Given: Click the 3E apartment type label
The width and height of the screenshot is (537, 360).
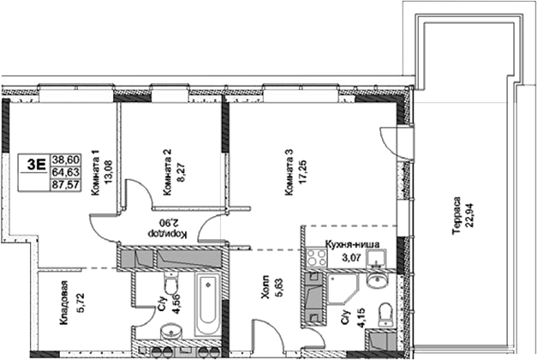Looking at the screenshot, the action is click(36, 165).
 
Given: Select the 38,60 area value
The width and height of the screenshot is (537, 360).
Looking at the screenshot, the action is click(65, 159).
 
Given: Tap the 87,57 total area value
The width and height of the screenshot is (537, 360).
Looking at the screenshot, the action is click(65, 185).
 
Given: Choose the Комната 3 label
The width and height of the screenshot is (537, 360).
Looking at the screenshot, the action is click(289, 172).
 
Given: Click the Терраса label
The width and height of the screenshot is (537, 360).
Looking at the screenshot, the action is click(456, 216).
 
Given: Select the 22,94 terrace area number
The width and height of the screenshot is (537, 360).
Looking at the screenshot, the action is click(469, 216).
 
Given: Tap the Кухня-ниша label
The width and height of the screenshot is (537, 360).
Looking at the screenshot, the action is click(352, 244).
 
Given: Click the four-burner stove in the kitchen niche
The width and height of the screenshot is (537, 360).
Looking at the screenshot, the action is click(317, 257).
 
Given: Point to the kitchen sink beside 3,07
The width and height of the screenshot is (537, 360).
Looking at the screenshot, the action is click(376, 259).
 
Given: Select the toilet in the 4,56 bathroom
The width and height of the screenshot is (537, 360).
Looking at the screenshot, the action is click(170, 283).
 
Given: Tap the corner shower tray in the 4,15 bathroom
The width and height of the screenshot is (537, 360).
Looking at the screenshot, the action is click(342, 289).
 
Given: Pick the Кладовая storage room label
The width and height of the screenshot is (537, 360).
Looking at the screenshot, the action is click(64, 303).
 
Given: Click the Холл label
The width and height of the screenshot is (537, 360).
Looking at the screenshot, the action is click(266, 286).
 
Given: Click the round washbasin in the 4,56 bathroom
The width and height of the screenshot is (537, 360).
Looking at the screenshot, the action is click(171, 331).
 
